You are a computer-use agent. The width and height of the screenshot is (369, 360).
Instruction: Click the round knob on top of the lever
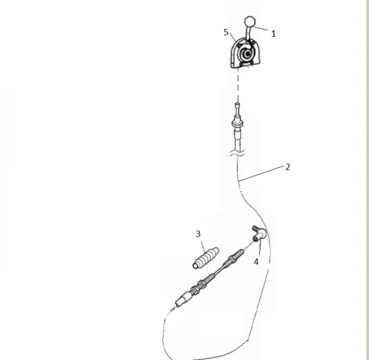[x=250, y=22]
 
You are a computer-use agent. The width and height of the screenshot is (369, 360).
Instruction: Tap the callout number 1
[x=273, y=34]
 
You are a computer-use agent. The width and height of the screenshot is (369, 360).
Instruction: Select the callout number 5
[x=226, y=32]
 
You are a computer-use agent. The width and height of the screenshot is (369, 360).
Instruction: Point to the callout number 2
[x=288, y=167]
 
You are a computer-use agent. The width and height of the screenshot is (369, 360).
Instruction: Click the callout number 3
[x=198, y=234]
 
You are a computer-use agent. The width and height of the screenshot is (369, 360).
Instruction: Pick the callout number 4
[x=256, y=261]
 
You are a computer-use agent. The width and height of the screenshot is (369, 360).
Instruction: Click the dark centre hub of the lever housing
[x=248, y=54]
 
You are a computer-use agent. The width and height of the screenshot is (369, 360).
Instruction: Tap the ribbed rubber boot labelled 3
[x=206, y=258]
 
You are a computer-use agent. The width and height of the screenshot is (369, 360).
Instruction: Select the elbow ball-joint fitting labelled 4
[x=259, y=235]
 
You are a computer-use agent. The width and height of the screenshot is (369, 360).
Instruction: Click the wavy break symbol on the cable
[x=238, y=153]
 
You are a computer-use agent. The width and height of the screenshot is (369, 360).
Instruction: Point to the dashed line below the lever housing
[x=238, y=85]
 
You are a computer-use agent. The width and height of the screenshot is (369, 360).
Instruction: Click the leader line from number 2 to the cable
[x=261, y=173]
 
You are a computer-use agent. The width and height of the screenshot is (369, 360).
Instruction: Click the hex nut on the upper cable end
[x=238, y=123]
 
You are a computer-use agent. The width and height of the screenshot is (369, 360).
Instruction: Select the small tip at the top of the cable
[x=238, y=104]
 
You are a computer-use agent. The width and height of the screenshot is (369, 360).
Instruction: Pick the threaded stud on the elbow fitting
[x=255, y=228]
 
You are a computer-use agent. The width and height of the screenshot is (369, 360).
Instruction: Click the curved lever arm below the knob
[x=248, y=34]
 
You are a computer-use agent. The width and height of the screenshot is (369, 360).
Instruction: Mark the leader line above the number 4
[x=260, y=248]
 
